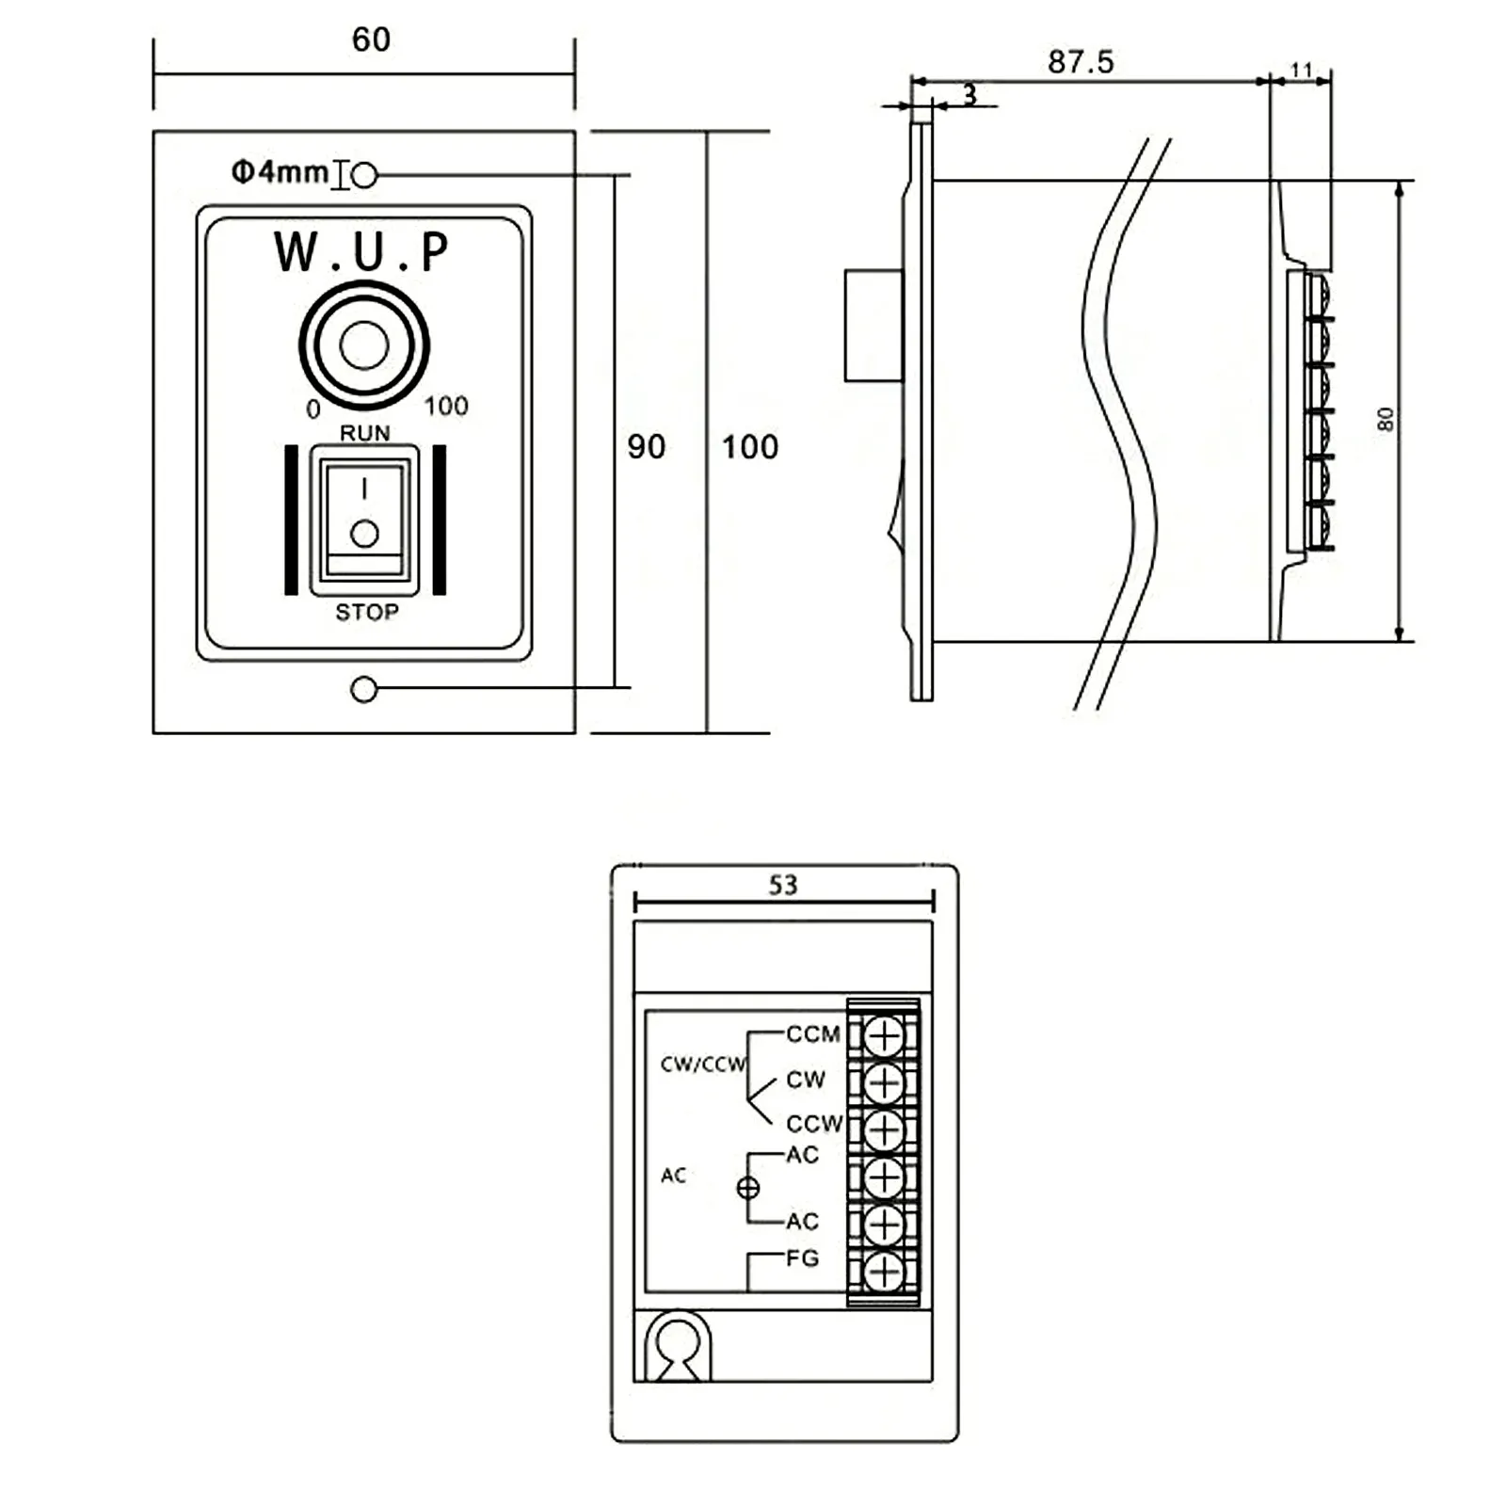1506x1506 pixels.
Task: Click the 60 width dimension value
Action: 371,40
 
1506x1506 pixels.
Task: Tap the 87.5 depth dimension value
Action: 1081,62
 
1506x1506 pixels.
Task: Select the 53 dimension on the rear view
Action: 783,885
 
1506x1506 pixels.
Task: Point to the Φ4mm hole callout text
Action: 280,172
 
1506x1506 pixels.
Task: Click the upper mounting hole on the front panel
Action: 364,175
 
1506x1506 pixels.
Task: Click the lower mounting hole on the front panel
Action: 363,690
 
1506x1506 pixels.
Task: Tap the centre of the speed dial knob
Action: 364,345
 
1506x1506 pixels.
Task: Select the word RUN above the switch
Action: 365,433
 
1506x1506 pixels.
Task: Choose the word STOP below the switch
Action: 367,613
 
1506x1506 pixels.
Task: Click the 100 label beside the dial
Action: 445,407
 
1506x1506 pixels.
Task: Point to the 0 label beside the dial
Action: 313,409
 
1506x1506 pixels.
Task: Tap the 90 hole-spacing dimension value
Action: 647,447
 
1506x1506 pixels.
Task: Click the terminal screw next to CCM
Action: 884,1036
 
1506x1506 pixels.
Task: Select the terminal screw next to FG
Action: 884,1273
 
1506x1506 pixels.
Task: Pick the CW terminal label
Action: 806,1080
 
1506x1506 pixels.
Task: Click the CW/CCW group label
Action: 703,1065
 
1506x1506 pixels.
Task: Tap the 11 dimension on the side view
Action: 1302,70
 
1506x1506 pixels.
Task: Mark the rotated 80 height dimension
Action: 1386,419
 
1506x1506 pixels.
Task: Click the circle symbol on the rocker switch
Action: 364,535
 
